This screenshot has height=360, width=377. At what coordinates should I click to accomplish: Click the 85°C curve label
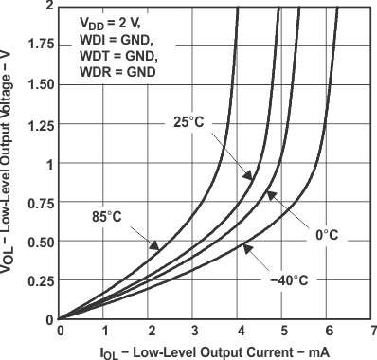[x=107, y=216]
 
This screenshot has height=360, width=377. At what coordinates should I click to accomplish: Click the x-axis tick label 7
[x=373, y=331]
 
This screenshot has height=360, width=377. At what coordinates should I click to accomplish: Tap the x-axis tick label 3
[x=194, y=331]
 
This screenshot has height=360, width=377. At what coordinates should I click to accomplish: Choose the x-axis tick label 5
[x=283, y=331]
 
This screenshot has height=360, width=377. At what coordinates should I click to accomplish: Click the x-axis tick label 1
[x=105, y=331]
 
